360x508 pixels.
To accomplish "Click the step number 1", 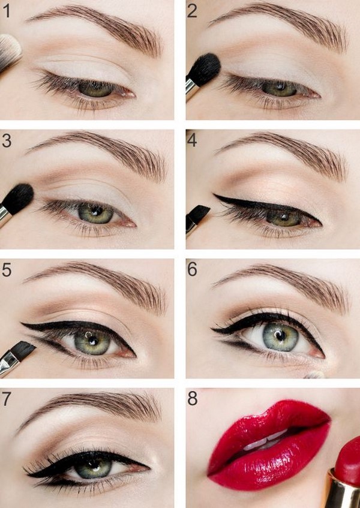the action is pyautogui.click(x=7, y=11).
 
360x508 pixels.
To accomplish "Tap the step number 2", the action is pyautogui.click(x=192, y=11).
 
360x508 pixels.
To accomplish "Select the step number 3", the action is pyautogui.click(x=7, y=141).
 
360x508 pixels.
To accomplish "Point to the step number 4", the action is pyautogui.click(x=192, y=140).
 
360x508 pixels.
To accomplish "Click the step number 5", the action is pyautogui.click(x=7, y=269).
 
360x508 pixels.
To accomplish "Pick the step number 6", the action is pyautogui.click(x=192, y=269).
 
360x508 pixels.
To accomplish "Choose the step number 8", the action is pyautogui.click(x=193, y=398).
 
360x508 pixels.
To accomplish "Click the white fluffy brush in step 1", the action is pyautogui.click(x=10, y=52).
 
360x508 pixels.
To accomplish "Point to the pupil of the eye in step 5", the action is pyautogui.click(x=91, y=341).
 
